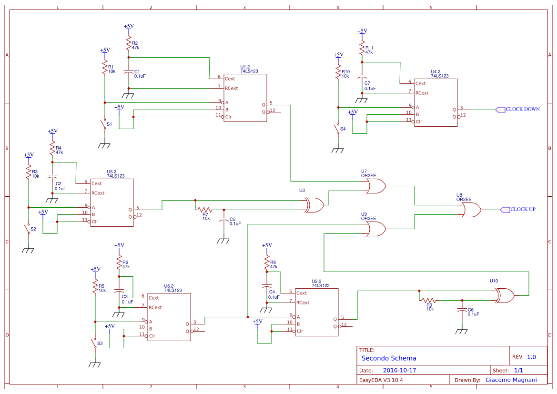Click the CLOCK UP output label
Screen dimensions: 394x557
click(x=523, y=209)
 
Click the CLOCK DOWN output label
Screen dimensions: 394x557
click(x=522, y=109)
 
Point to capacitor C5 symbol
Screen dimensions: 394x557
click(x=223, y=220)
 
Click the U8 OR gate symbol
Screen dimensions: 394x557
click(x=471, y=210)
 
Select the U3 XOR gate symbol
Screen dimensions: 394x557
click(x=314, y=205)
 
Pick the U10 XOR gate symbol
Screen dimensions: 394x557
click(x=504, y=296)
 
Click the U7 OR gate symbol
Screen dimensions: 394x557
click(x=376, y=186)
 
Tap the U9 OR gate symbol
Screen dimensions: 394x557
click(x=376, y=229)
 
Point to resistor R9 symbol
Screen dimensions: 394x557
click(x=429, y=300)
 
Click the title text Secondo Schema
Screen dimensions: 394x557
click(x=389, y=358)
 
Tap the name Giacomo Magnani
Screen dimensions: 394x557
click(x=511, y=380)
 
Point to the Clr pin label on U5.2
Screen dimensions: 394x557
click(x=95, y=222)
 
